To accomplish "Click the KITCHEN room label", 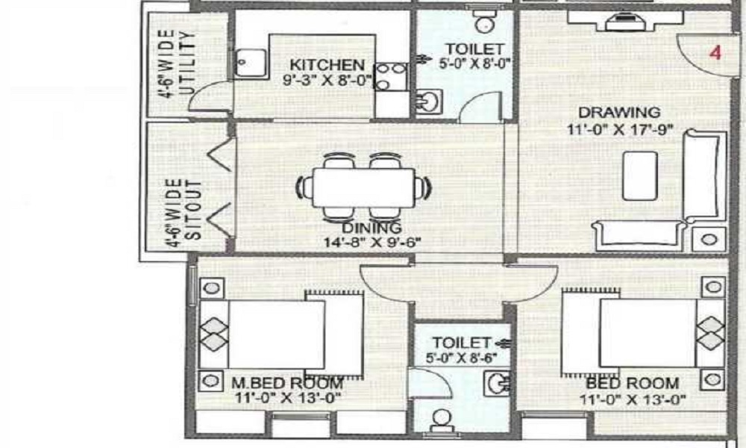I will coord(327,64).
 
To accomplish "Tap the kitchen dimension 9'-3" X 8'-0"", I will coord(327,79).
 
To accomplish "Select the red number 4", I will coord(715,53).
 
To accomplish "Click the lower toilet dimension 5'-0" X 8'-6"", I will coord(463,357).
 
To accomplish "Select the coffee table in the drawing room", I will coord(639,175).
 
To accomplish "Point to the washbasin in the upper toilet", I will coord(426,101).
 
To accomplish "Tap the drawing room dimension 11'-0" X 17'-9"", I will coord(620,128).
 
